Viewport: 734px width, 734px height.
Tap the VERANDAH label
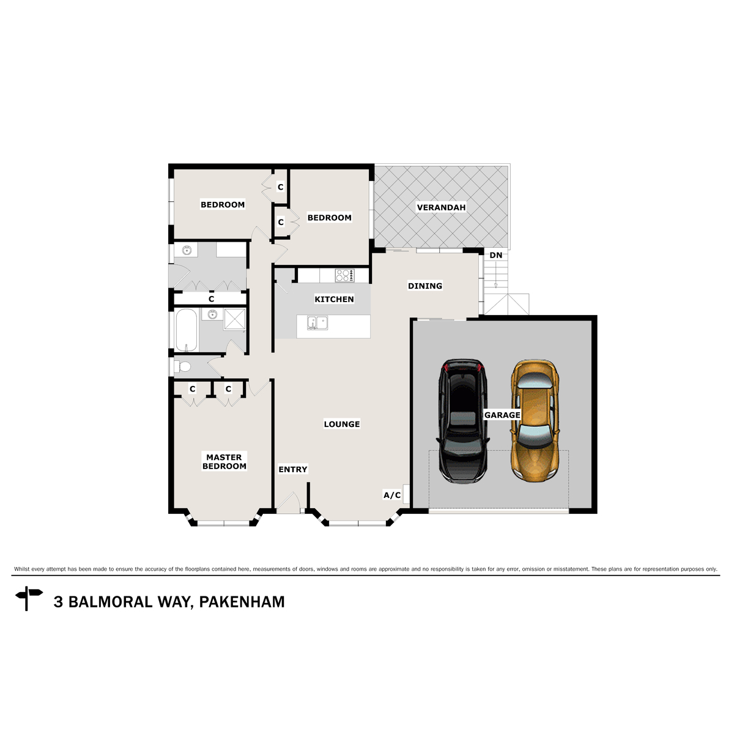coord(441,207)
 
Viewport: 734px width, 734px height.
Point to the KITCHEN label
coord(334,299)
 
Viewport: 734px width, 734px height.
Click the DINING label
coord(425,286)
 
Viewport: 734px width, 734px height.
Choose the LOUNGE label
coord(342,424)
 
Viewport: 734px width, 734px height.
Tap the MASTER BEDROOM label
coord(224,461)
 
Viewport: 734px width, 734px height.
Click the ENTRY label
coord(293,469)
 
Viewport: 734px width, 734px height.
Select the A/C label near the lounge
coord(392,495)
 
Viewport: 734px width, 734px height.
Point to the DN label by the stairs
coord(496,255)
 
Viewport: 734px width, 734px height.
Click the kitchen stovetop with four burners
coord(344,276)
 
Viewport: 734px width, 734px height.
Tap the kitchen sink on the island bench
coord(317,322)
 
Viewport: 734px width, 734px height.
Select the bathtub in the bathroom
coord(186,330)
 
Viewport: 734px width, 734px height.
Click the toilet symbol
coord(182,366)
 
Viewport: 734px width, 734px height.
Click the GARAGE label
coord(502,415)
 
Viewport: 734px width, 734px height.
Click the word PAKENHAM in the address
coord(242,602)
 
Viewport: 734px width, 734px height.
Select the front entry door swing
coord(287,503)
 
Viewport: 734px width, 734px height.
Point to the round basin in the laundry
coord(187,250)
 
